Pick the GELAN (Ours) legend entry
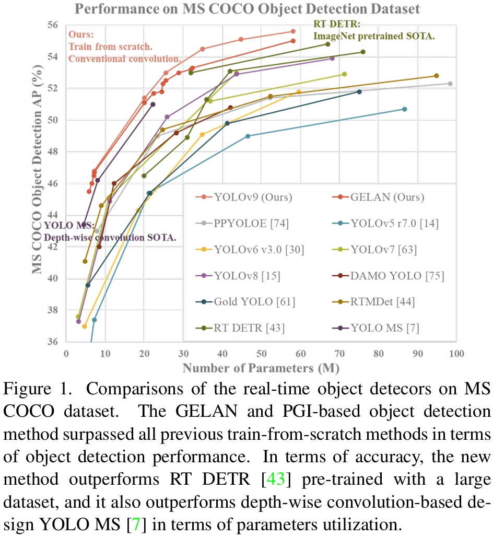click(x=387, y=197)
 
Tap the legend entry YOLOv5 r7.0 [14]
click(x=394, y=224)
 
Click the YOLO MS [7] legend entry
click(x=385, y=328)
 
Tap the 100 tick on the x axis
click(x=456, y=354)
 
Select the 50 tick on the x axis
click(x=261, y=354)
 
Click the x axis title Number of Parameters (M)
click(x=261, y=368)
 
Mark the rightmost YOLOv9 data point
click(x=293, y=31)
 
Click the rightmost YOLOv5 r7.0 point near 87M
click(x=404, y=109)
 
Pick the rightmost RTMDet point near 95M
click(x=437, y=76)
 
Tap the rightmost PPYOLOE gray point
click(x=450, y=84)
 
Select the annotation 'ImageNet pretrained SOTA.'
click(x=374, y=36)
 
